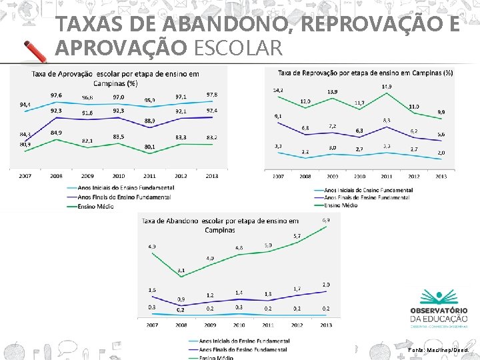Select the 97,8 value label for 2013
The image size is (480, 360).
point(212,95)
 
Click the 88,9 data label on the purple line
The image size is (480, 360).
point(150,121)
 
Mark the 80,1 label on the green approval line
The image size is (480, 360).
point(150,146)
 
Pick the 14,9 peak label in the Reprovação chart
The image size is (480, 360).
point(387,87)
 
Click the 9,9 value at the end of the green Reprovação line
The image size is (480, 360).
point(441,112)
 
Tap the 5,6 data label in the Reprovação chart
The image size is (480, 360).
point(441,135)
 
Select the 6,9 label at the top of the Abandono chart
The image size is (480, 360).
point(326,220)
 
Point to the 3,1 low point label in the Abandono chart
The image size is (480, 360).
point(181,271)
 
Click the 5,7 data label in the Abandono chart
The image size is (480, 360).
point(297,236)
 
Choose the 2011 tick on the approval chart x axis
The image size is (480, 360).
point(149,176)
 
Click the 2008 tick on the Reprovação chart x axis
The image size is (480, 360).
point(305,177)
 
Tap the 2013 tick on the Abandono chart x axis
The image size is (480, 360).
point(325,325)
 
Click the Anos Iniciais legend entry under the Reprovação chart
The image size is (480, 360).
point(364,191)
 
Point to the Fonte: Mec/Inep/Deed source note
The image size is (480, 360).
point(438,349)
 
